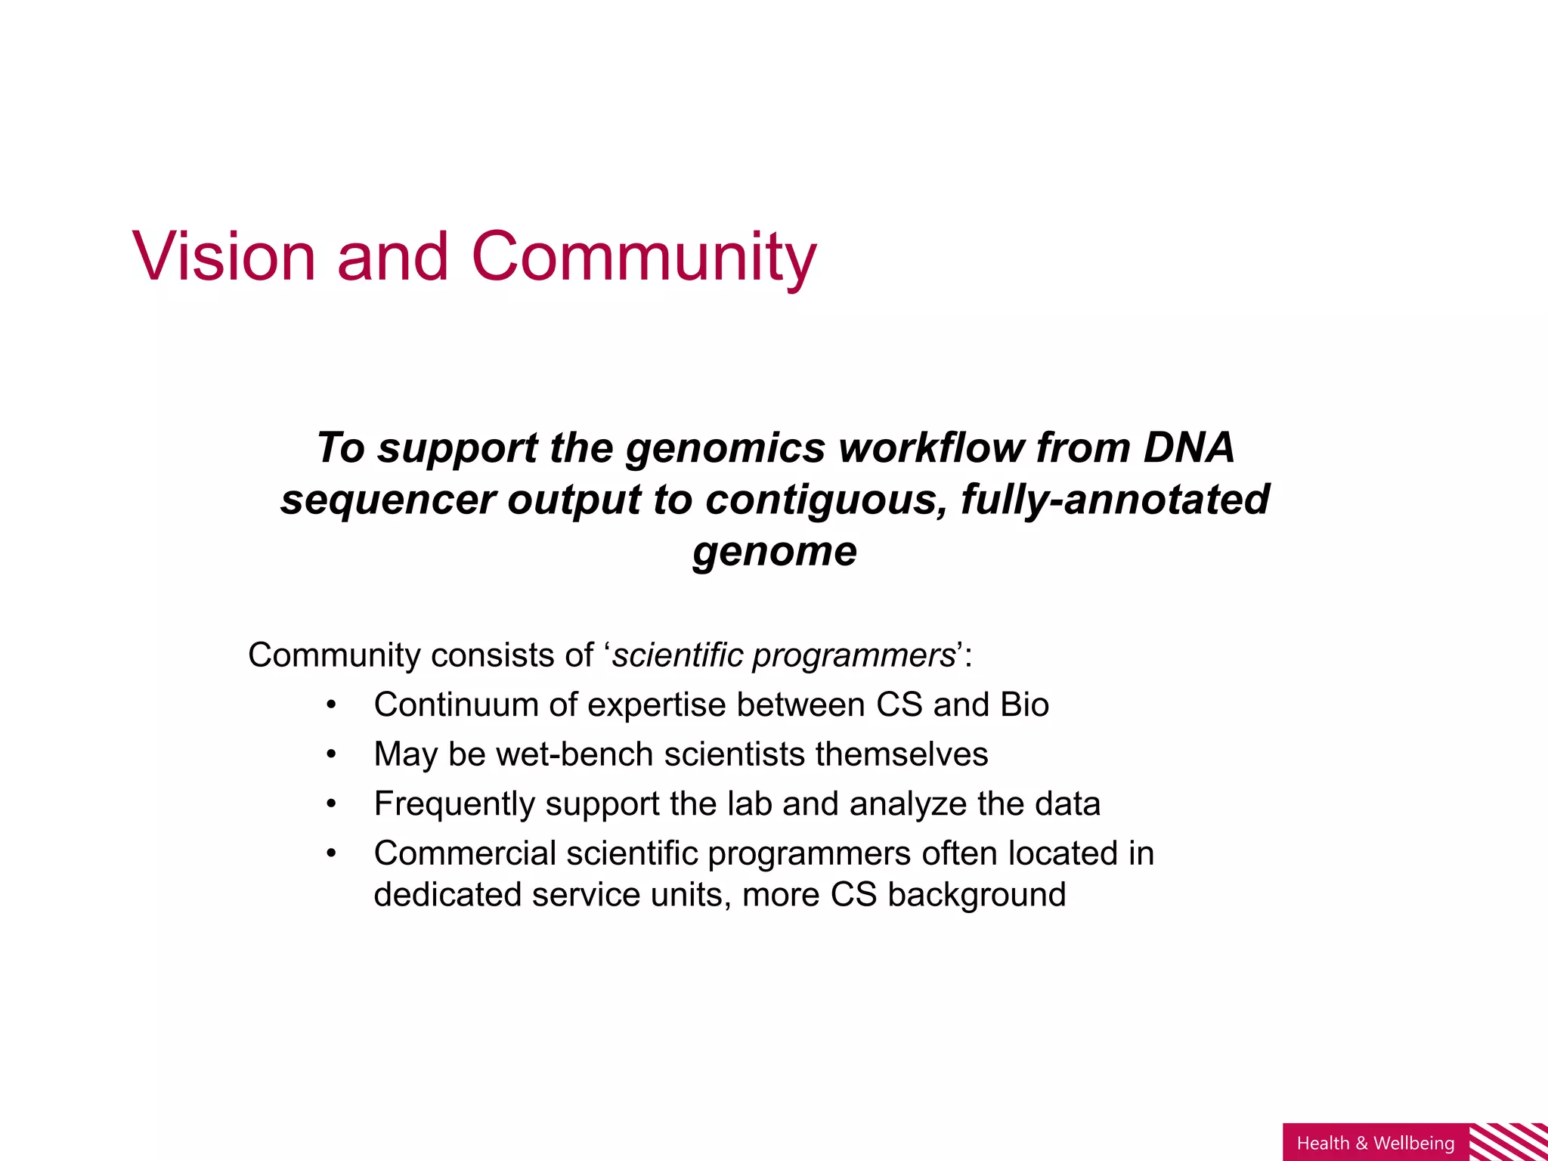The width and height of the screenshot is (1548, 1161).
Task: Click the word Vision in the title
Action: tap(224, 257)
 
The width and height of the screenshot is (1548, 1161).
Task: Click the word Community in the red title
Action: tap(643, 257)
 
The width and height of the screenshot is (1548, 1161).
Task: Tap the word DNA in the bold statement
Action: tap(1188, 447)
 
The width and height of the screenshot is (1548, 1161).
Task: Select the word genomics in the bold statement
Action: tap(725, 447)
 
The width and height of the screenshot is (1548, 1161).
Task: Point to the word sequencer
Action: tap(388, 500)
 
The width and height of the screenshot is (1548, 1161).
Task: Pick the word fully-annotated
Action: tap(1115, 500)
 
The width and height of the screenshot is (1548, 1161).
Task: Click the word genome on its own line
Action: tap(775, 551)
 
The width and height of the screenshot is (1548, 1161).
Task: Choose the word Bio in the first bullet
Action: tap(1024, 704)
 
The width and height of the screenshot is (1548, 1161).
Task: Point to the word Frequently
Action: tap(454, 803)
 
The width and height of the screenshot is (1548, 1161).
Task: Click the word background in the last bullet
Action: tap(977, 895)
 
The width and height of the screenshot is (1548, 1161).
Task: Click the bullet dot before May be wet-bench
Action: tap(330, 754)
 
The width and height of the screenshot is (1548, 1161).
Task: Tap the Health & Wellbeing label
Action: tap(1376, 1143)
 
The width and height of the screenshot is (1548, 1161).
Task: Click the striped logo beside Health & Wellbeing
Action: tap(1508, 1141)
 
